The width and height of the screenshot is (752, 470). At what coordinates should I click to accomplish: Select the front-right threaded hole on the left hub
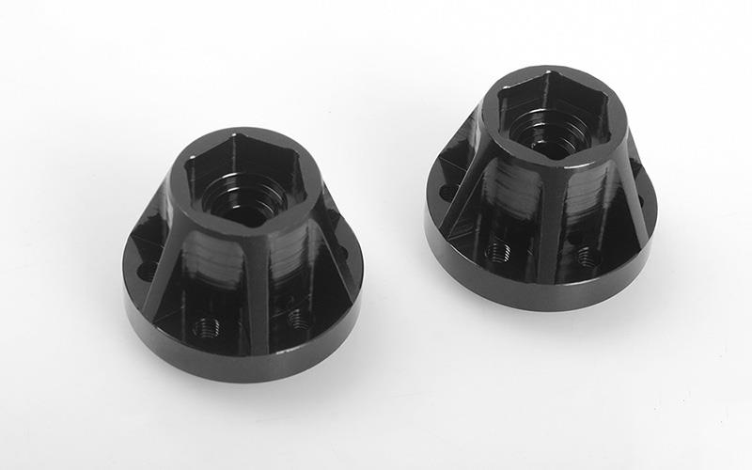[299, 319]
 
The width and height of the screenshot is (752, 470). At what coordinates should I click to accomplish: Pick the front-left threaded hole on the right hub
[497, 251]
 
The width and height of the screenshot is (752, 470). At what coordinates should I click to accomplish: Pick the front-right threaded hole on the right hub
[588, 255]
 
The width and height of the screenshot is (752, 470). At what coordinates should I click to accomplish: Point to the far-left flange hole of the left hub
[147, 271]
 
